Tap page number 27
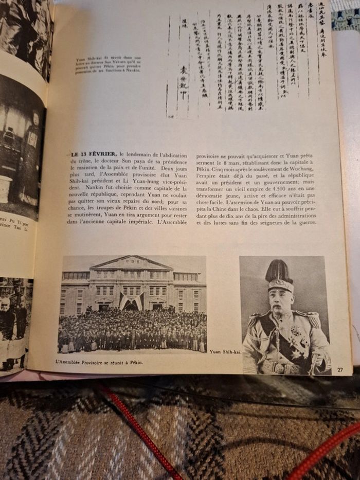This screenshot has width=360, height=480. [x=340, y=368]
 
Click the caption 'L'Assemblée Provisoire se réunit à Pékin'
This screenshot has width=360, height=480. [x=99, y=362]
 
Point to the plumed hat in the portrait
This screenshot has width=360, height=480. [x=279, y=273]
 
